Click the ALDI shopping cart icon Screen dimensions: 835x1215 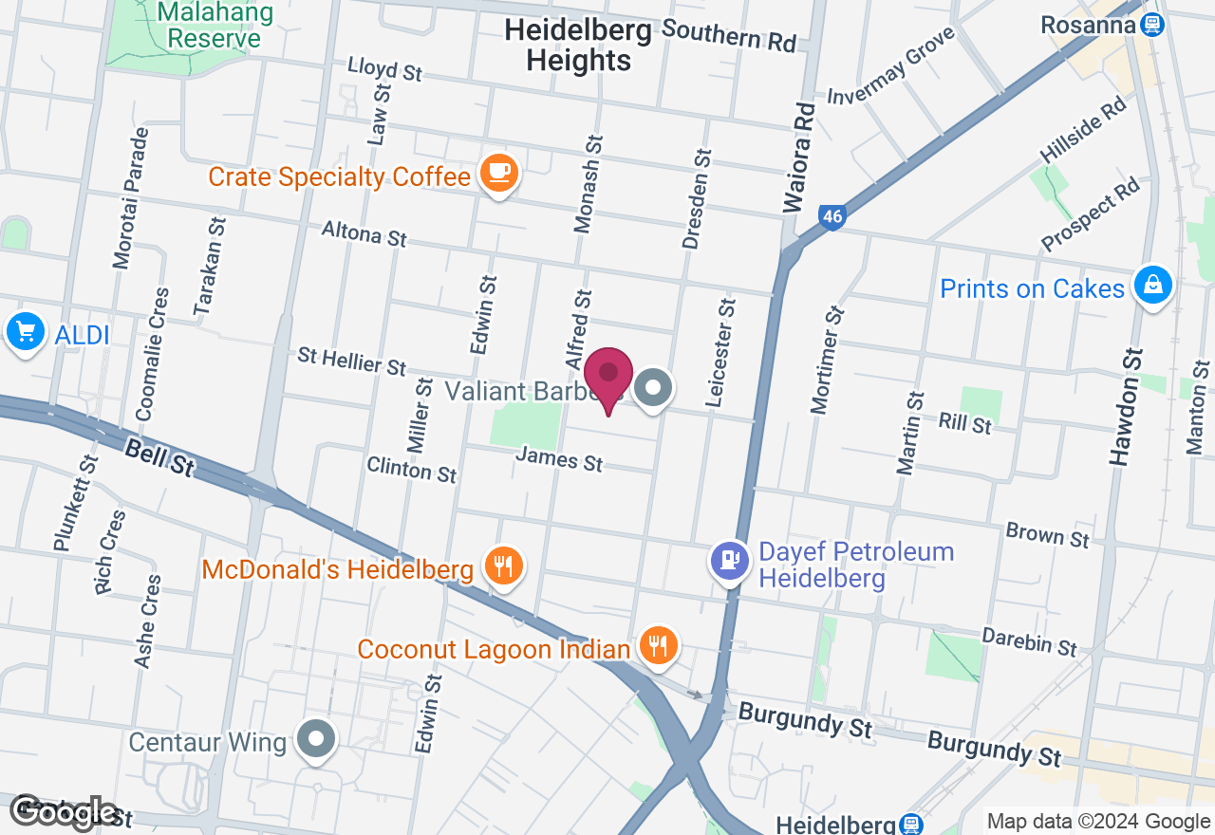(25, 333)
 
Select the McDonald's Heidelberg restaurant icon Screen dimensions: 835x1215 (503, 566)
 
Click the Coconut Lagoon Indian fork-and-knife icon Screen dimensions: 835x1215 (657, 646)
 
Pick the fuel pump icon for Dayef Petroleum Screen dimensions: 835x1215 (729, 561)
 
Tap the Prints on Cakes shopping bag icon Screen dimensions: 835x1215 (1153, 284)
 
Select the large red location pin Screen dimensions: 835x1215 (608, 378)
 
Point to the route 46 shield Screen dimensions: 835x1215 (832, 217)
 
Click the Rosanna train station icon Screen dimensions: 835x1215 (1152, 25)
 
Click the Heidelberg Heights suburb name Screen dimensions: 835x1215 (578, 45)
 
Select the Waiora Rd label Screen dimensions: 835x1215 (799, 158)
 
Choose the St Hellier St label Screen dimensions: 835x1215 (351, 361)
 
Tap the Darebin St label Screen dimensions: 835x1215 (1030, 642)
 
